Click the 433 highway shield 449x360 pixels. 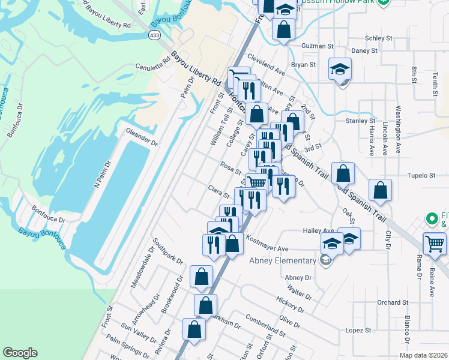(154, 37)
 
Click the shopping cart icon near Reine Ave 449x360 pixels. (435, 244)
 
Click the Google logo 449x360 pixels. (20, 353)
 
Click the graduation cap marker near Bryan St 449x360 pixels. (340, 70)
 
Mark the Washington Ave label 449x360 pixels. (398, 129)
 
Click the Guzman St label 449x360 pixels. (317, 46)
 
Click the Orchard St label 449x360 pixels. (393, 302)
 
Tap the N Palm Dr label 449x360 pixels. (103, 172)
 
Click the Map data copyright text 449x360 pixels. (423, 355)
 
